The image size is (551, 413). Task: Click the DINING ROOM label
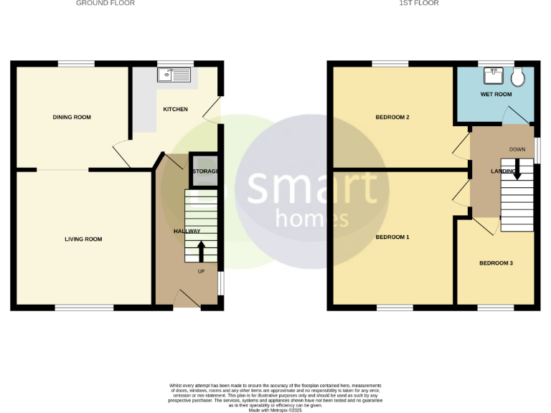click(72, 117)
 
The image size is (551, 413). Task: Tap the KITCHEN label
click(176, 109)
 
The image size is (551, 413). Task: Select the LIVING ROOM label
click(83, 239)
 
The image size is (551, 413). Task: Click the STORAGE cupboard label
click(205, 171)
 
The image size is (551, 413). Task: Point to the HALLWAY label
click(187, 231)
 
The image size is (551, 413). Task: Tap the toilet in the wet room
click(519, 76)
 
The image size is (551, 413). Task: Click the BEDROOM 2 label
click(392, 117)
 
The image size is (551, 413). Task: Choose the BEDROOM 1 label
click(392, 237)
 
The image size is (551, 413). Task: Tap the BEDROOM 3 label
click(496, 263)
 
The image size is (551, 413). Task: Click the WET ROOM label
click(496, 94)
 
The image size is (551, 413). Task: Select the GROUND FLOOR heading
click(105, 4)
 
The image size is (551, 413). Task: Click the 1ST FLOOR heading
click(419, 4)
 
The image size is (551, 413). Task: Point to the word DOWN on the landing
click(517, 149)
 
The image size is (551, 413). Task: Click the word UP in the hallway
click(201, 271)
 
